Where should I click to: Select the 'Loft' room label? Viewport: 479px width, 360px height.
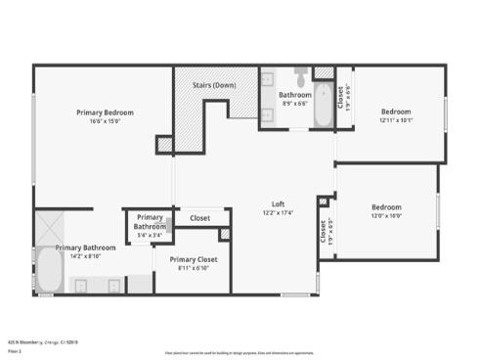[x=278, y=204]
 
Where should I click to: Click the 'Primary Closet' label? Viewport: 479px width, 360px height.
[x=194, y=259]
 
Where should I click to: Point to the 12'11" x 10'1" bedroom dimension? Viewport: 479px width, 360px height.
[x=396, y=120]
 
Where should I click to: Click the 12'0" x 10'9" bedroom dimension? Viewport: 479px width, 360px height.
[x=386, y=215]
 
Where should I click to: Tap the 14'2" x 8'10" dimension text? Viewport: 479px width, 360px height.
[x=85, y=256]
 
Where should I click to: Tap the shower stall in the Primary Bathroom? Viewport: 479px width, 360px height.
[x=49, y=229]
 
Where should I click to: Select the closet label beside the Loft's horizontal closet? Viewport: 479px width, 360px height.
[x=200, y=218]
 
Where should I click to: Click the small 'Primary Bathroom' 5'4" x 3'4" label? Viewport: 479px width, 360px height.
[x=150, y=222]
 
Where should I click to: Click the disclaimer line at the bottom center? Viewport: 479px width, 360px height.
[x=239, y=352]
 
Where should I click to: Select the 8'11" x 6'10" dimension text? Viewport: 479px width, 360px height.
[x=194, y=267]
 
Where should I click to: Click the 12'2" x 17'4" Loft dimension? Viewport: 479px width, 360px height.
[x=278, y=212]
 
